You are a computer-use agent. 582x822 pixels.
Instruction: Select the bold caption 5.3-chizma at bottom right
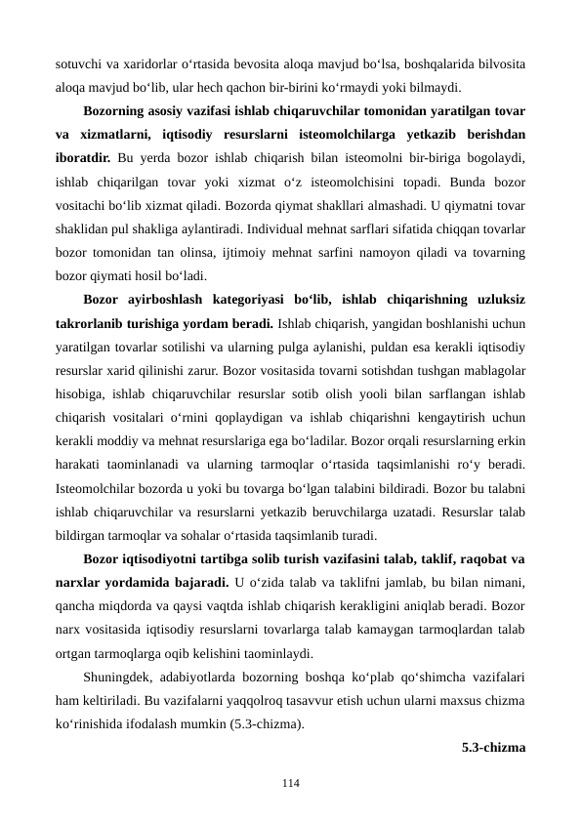(x=493, y=749)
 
